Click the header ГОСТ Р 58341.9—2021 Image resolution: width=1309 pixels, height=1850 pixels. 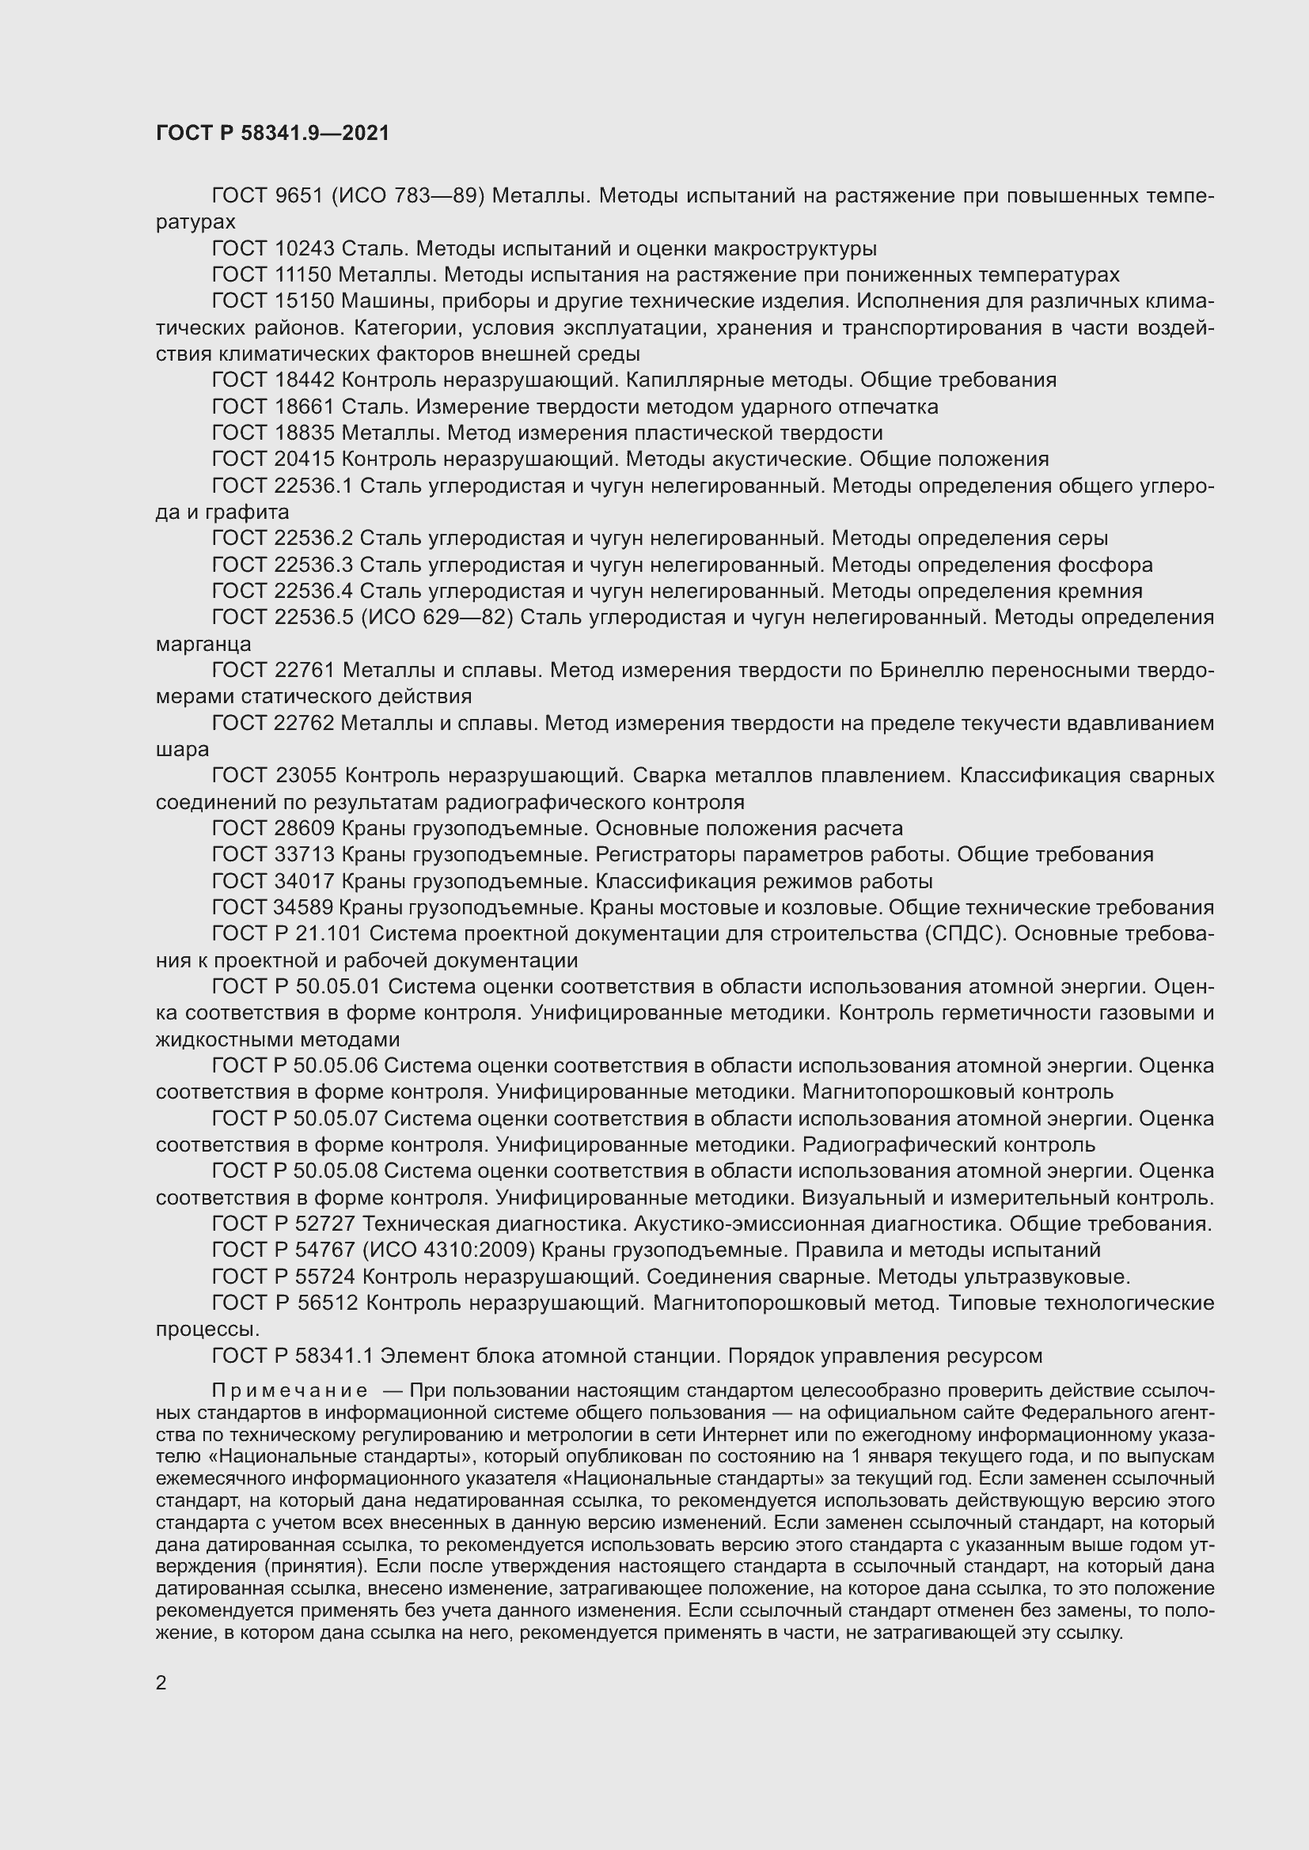[272, 134]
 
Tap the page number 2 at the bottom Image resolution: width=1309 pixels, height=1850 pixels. [161, 1683]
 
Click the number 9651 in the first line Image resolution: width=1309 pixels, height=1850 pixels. [299, 196]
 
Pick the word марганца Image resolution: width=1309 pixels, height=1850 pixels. [203, 645]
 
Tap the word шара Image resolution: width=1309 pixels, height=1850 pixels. [182, 750]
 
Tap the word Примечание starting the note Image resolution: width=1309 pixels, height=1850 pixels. [290, 1391]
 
